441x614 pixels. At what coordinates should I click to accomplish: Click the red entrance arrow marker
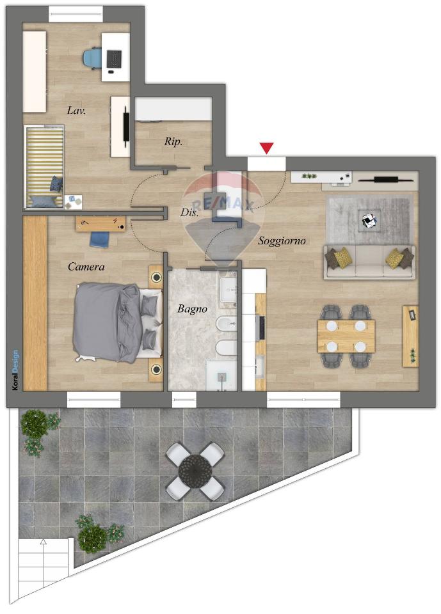[267, 148]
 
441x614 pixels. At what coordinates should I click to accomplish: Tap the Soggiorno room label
[282, 241]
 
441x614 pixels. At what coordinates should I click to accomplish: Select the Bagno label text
[192, 309]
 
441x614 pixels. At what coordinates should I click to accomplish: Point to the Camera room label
[86, 267]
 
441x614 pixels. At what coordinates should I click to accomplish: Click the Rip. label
[173, 141]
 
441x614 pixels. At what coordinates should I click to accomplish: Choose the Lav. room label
[76, 111]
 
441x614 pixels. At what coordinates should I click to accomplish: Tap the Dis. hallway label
[189, 212]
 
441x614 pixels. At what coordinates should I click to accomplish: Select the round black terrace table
[195, 471]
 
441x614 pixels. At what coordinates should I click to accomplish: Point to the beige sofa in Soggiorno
[369, 262]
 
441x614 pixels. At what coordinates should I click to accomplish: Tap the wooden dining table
[346, 336]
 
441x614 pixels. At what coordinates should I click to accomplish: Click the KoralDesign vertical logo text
[15, 370]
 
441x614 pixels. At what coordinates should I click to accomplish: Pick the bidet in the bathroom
[227, 324]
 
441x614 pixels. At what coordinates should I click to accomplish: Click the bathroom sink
[228, 288]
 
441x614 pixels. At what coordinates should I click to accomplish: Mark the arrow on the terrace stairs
[43, 542]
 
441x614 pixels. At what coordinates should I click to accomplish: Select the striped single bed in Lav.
[44, 166]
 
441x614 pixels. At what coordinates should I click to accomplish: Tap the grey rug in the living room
[369, 220]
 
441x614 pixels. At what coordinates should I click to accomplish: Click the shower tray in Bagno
[221, 375]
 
